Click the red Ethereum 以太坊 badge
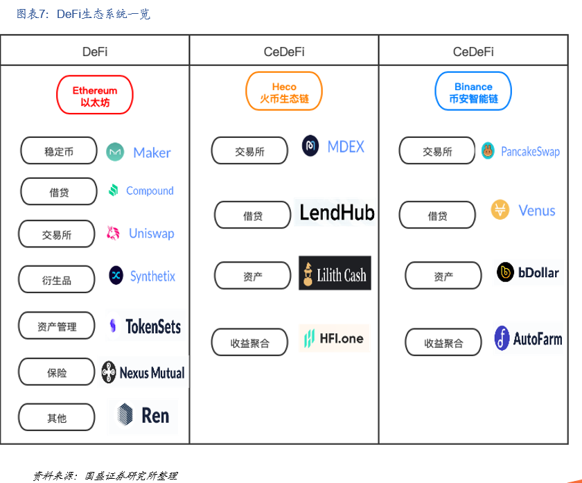point(94,96)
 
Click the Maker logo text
point(152,152)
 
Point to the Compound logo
point(141,191)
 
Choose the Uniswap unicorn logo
point(114,234)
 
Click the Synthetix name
point(152,276)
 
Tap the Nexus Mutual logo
point(143,373)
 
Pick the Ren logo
point(143,415)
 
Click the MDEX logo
point(333,146)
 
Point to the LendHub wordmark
point(337,213)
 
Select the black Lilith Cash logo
point(335,274)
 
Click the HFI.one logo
point(333,338)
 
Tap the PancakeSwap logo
point(521,151)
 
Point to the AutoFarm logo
point(528,339)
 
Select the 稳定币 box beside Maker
point(59,151)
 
